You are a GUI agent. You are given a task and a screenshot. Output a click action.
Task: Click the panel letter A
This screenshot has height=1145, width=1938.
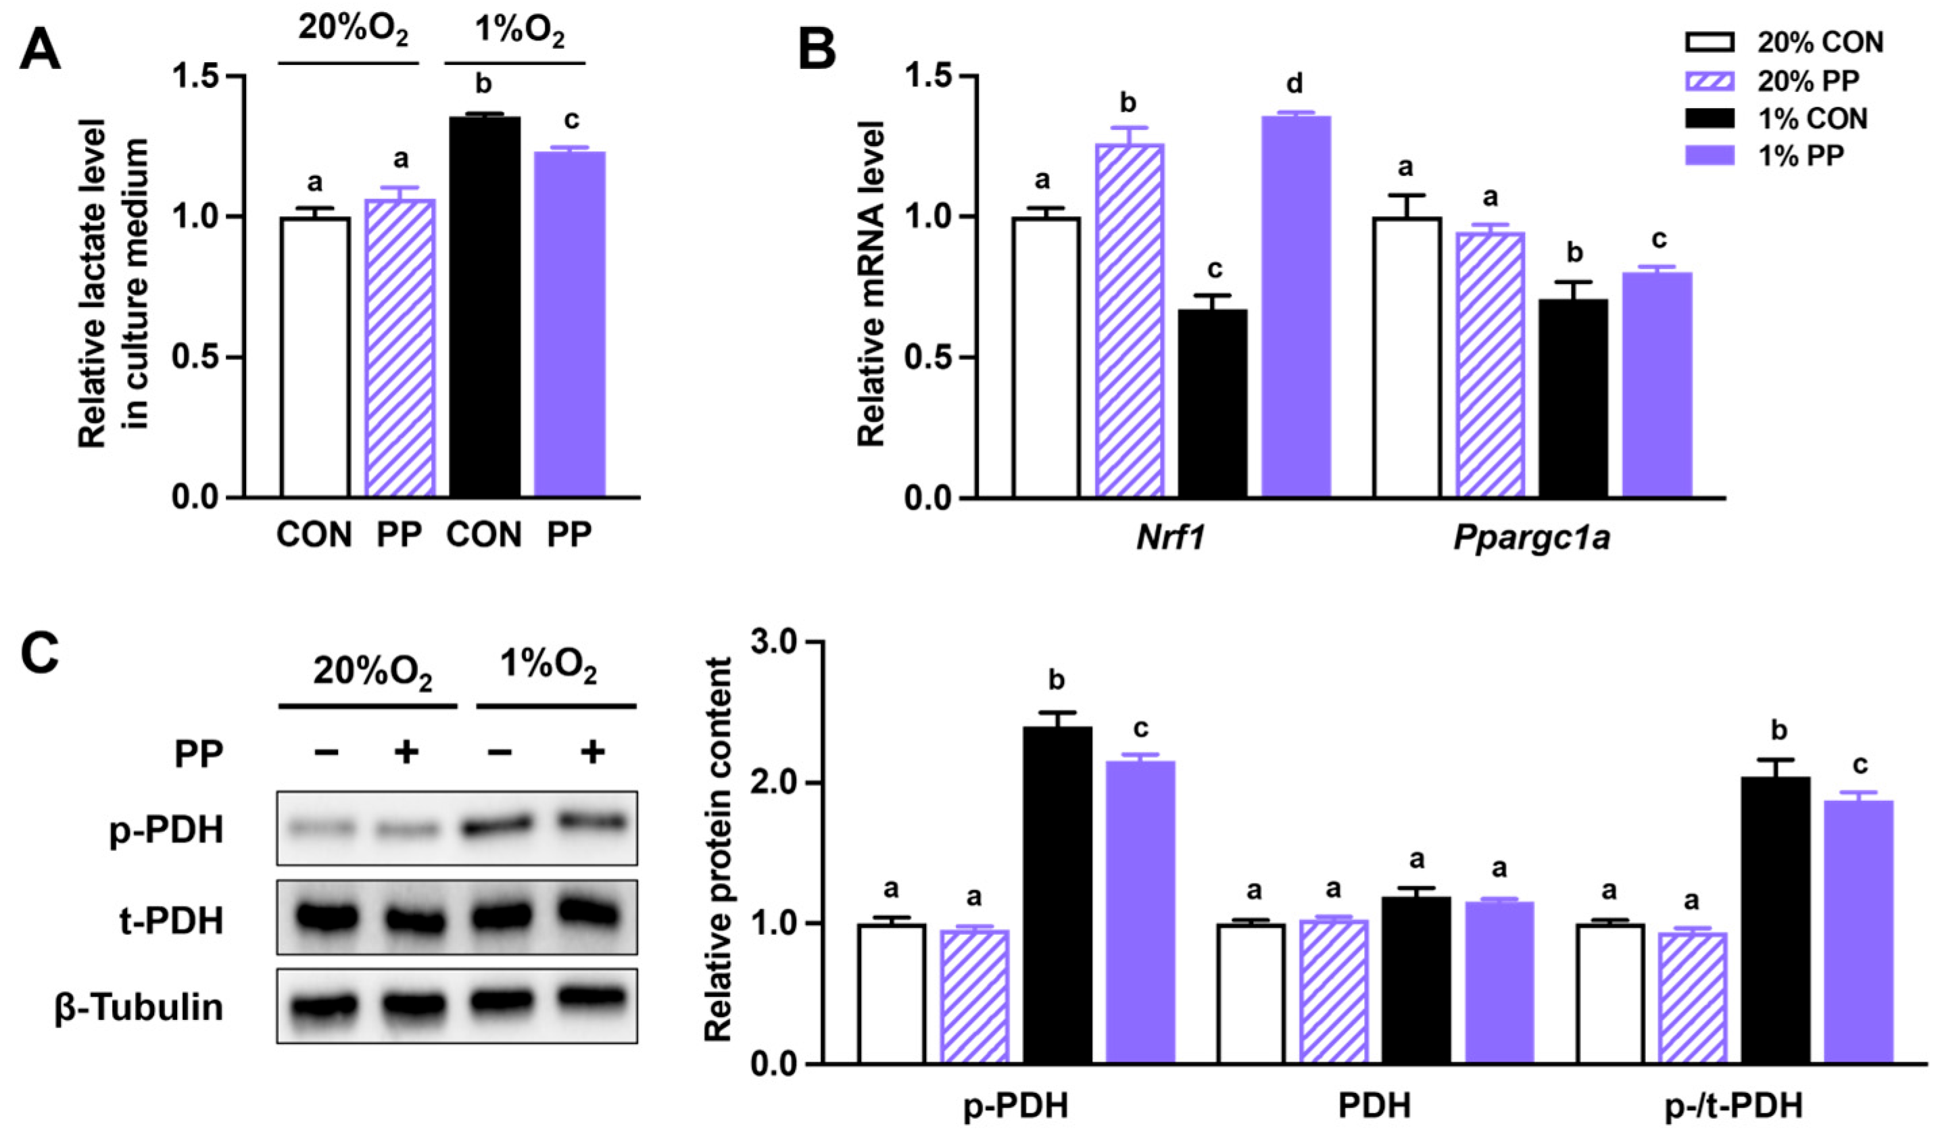(x=40, y=50)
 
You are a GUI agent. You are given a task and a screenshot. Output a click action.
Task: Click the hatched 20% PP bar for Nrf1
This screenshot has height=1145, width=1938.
(x=1130, y=320)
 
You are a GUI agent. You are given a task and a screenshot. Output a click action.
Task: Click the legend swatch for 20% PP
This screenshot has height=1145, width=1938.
(x=1710, y=80)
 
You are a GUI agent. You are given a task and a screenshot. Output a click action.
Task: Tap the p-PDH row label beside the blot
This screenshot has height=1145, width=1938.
(x=167, y=830)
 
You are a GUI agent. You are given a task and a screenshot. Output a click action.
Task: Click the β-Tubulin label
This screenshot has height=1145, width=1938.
(x=139, y=1007)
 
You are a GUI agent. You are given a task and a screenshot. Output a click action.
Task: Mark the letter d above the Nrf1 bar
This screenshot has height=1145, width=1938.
(x=1295, y=83)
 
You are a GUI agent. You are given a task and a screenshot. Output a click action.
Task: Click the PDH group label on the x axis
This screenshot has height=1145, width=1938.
(x=1375, y=1105)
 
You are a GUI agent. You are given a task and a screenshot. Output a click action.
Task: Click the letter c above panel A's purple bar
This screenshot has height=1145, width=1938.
(x=572, y=120)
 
